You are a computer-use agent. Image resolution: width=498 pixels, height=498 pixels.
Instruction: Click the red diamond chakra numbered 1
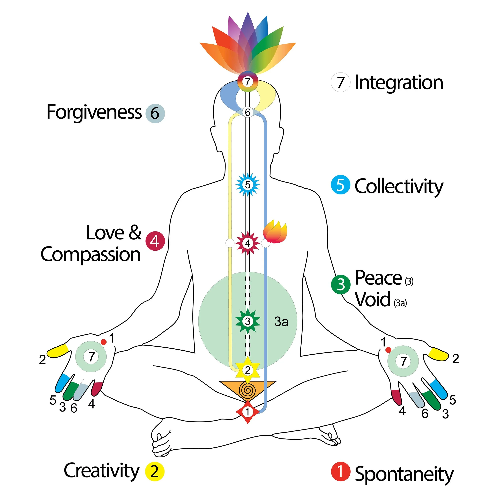coord(247,412)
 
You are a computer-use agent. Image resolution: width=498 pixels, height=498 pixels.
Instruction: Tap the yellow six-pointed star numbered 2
coord(247,370)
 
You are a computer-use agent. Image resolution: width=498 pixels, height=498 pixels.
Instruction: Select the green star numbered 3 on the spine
coord(247,321)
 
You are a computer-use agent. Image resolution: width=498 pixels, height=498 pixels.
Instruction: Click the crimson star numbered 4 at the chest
coord(247,243)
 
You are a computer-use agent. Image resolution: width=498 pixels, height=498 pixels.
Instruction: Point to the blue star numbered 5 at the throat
coord(247,185)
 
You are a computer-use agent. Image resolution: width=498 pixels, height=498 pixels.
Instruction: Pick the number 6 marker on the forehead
coord(247,112)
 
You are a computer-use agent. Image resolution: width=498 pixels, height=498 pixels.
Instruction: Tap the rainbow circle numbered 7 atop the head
coord(247,81)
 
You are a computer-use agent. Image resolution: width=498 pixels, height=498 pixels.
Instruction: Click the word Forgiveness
coord(94,112)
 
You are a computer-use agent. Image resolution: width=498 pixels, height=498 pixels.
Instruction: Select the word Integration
coord(399,82)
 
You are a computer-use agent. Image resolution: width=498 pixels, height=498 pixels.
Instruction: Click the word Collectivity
coord(399,186)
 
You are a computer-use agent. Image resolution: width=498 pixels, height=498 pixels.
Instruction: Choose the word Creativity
coord(102,471)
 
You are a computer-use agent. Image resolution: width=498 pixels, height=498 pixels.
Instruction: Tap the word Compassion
coord(91,255)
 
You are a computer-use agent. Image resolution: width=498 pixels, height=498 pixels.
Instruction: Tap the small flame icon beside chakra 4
coord(275,231)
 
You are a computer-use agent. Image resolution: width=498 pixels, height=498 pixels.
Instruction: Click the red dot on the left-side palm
coord(104,342)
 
